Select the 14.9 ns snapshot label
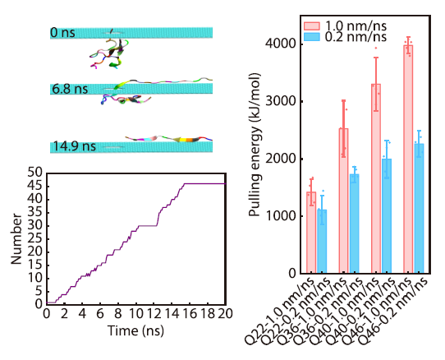click(72, 146)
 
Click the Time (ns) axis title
click(136, 330)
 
